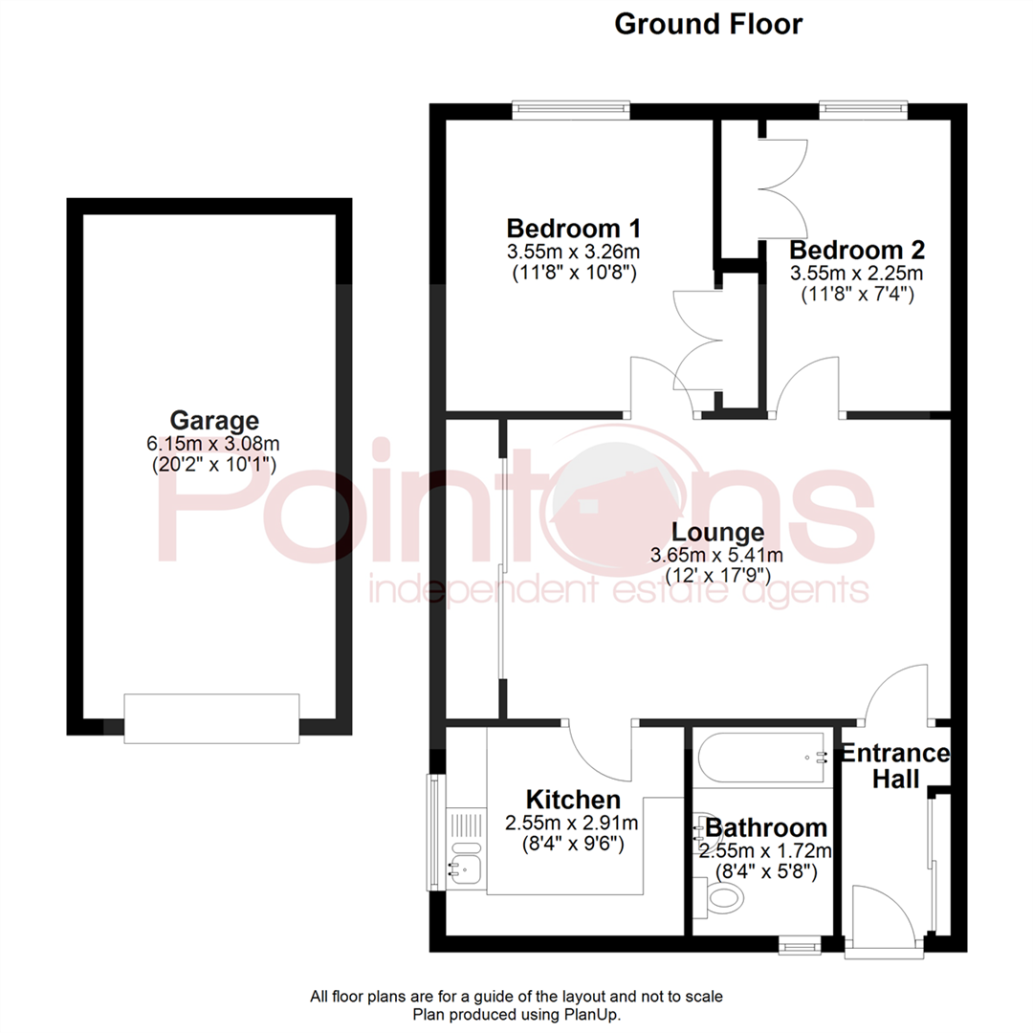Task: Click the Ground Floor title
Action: [x=708, y=24]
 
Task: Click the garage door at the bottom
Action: [x=211, y=718]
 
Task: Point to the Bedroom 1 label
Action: [x=573, y=230]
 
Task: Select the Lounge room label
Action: [x=717, y=532]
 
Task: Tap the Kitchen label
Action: [x=573, y=799]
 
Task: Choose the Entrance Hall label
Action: [x=894, y=766]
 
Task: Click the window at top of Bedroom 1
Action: [x=571, y=110]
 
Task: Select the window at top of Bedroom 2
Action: [x=863, y=110]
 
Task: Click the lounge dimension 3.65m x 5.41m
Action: [x=716, y=555]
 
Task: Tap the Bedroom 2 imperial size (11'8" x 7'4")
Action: [x=857, y=295]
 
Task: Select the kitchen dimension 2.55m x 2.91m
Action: [x=572, y=822]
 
